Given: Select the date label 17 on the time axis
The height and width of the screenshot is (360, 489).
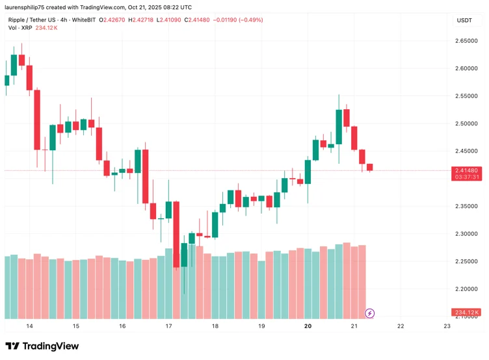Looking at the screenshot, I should click(168, 326).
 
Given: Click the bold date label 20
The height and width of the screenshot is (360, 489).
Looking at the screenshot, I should click(308, 326).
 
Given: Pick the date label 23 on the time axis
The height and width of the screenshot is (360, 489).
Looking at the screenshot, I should click(447, 326).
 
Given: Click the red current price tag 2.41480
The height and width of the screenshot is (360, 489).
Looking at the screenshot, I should click(466, 170).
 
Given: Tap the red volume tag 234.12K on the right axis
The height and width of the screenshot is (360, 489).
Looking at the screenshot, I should click(466, 313).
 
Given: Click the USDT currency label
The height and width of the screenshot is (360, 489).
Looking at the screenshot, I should click(464, 20).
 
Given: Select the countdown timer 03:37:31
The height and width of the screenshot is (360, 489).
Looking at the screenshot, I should click(466, 177).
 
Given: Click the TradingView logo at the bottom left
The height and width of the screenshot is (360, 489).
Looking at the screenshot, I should click(42, 346).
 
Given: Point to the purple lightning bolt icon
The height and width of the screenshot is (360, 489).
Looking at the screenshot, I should click(370, 313).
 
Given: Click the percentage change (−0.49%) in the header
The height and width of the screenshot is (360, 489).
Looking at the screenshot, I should click(250, 20).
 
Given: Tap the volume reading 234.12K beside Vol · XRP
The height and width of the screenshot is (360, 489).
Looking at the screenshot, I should click(47, 28).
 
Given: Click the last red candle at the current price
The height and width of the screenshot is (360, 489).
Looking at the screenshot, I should click(369, 168).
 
